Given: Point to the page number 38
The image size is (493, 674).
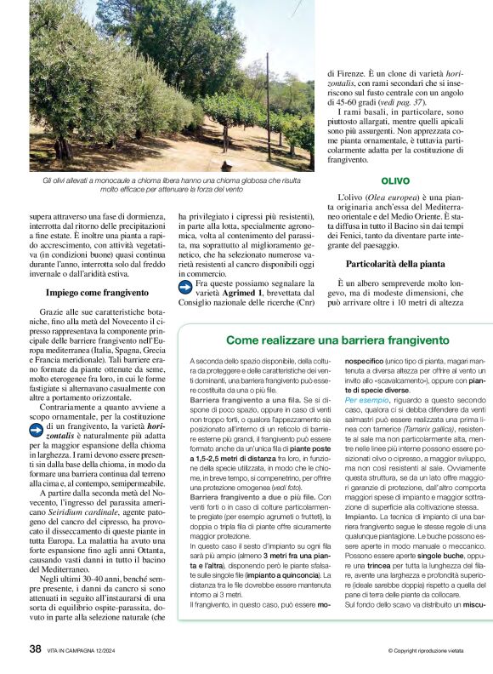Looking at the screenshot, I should click(x=36, y=648).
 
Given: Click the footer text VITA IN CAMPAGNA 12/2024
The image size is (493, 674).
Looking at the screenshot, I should click(x=89, y=650).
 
